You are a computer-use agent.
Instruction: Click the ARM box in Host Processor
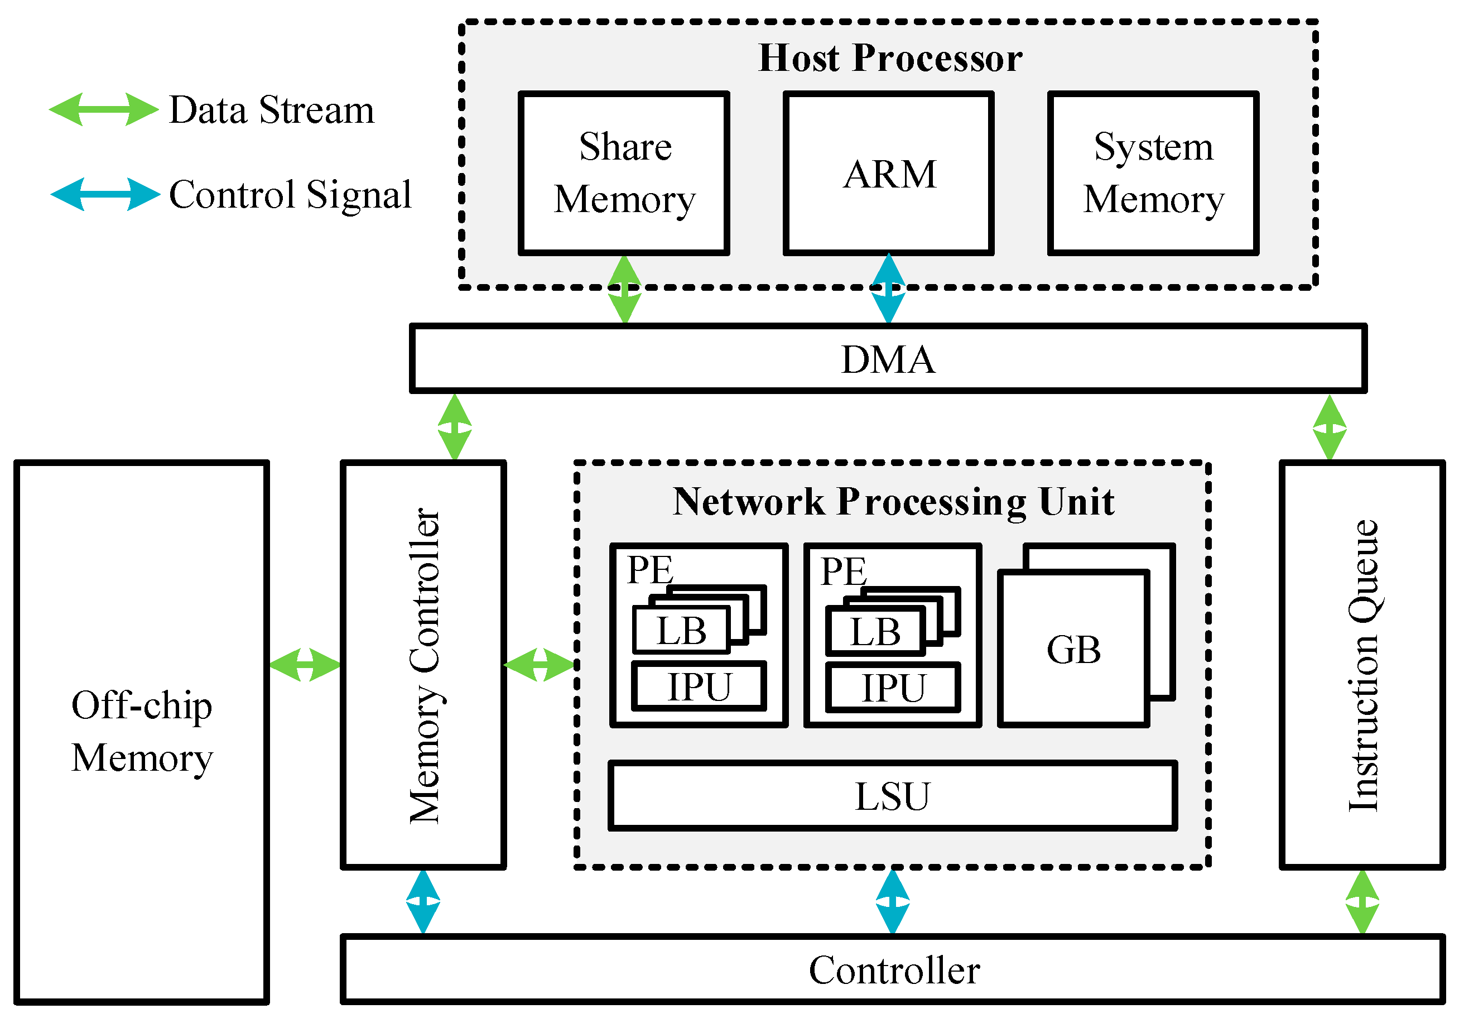[888, 174]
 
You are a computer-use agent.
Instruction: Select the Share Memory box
[624, 174]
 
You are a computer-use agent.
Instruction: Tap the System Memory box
[1153, 174]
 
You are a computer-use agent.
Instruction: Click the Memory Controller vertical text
[424, 665]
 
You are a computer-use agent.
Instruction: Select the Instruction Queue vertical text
[1362, 665]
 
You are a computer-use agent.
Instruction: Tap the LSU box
[892, 795]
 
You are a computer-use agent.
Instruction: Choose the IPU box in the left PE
[699, 687]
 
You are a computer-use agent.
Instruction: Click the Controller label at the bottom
[894, 970]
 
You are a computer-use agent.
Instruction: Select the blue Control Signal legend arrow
[105, 194]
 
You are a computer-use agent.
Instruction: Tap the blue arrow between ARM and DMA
[888, 289]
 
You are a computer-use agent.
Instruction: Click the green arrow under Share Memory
[624, 290]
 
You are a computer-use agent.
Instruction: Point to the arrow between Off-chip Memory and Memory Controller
[305, 665]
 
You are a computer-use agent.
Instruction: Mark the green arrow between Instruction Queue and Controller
[1362, 902]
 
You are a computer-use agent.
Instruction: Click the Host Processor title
[890, 58]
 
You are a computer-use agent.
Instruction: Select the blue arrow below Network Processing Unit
[892, 902]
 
